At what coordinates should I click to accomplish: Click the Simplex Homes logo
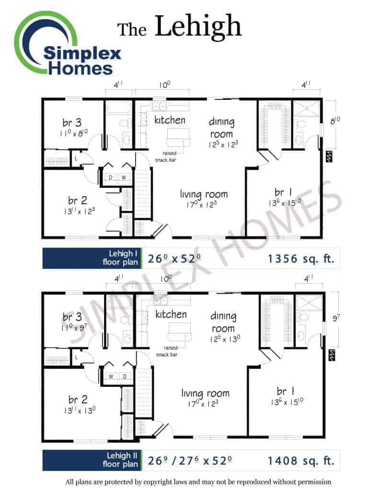(67, 44)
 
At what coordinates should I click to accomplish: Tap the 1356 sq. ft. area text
(301, 258)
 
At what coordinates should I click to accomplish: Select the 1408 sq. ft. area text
(301, 461)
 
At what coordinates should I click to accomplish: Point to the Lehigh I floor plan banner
(92, 258)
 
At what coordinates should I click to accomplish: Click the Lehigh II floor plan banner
(92, 460)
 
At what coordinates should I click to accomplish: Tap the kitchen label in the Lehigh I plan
(170, 120)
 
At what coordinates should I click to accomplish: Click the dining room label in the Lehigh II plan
(223, 322)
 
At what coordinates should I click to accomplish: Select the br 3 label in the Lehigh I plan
(72, 122)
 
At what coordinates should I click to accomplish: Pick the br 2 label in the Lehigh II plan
(78, 399)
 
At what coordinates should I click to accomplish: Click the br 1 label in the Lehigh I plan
(283, 192)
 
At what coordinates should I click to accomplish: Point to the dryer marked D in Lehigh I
(111, 177)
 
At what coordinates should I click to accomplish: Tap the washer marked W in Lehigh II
(111, 376)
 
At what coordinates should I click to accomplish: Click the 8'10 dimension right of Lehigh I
(335, 120)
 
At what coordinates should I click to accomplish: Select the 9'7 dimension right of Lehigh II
(336, 318)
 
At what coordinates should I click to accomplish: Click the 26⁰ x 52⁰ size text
(174, 258)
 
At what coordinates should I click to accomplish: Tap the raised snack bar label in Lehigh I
(166, 156)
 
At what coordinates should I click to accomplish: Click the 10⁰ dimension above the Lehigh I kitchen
(165, 85)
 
